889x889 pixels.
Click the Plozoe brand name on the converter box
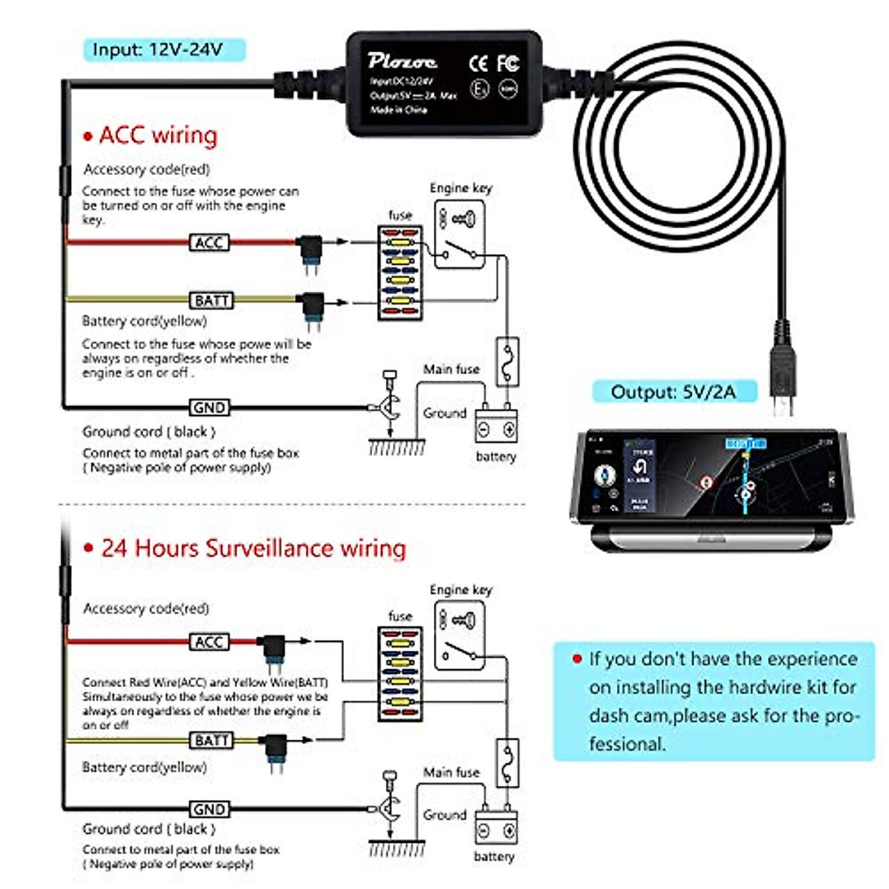(x=402, y=61)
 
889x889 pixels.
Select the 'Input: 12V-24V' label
(x=157, y=50)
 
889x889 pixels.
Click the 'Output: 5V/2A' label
(x=673, y=391)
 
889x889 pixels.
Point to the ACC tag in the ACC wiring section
(x=210, y=242)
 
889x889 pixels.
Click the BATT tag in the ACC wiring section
(x=211, y=301)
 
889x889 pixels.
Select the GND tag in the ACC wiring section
(x=209, y=407)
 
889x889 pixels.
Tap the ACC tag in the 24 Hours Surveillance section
(x=209, y=642)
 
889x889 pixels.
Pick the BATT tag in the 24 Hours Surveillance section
(x=211, y=740)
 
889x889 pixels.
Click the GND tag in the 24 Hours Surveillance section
(x=209, y=810)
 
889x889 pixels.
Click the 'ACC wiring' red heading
(x=158, y=136)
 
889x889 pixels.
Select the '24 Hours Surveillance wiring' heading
(x=253, y=548)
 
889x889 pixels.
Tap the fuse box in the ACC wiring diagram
(x=400, y=273)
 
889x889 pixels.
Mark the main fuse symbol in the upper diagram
(x=507, y=362)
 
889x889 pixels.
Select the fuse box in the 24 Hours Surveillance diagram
(x=400, y=674)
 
